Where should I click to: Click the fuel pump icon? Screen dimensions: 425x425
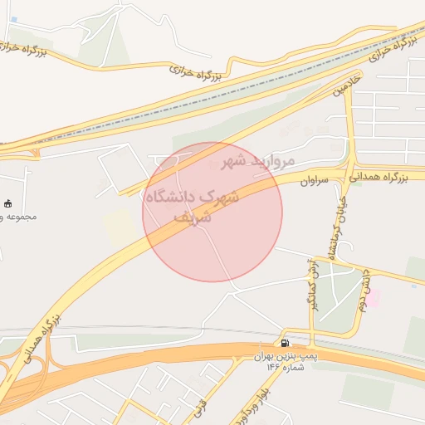pyautogui.click(x=285, y=343)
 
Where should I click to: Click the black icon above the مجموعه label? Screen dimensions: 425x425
pyautogui.click(x=9, y=203)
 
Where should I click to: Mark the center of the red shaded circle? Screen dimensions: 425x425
pyautogui.click(x=212, y=212)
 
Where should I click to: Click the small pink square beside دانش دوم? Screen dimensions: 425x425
pyautogui.click(x=374, y=299)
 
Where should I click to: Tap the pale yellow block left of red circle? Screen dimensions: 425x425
pyautogui.click(x=121, y=227)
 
